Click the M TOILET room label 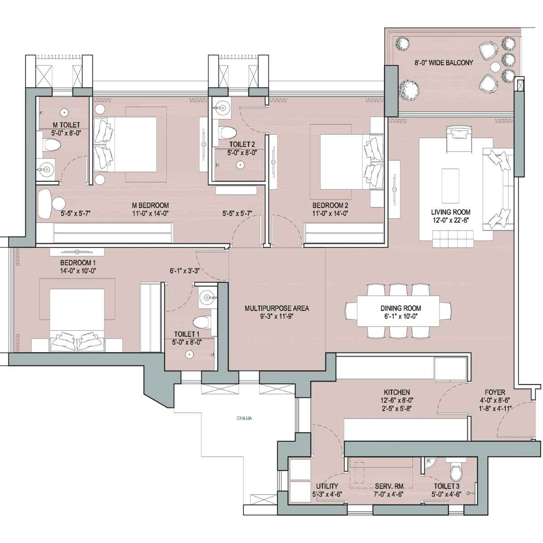click(67, 125)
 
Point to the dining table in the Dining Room click(399, 311)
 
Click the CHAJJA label click(244, 418)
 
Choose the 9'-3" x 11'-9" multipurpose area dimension click(277, 316)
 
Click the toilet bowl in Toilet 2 click(228, 132)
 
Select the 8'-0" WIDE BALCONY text click(443, 62)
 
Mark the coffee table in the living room click(450, 186)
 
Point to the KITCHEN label click(397, 392)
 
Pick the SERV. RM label click(389, 486)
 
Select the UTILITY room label click(327, 486)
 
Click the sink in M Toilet click(47, 169)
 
